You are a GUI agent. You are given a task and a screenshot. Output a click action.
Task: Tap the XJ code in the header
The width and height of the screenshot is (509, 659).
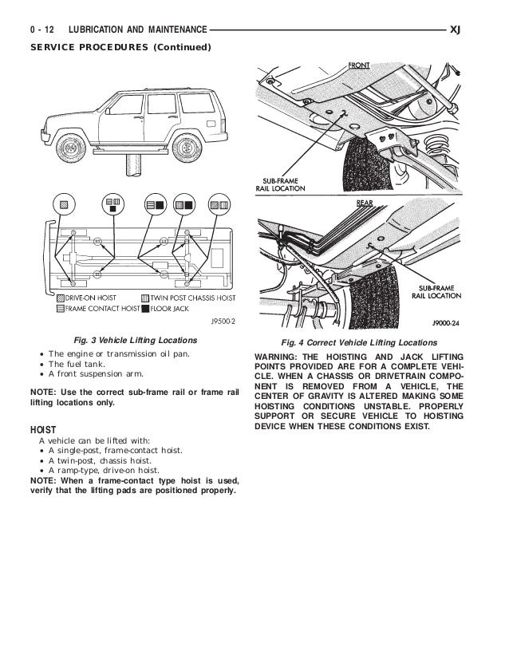pos(456,30)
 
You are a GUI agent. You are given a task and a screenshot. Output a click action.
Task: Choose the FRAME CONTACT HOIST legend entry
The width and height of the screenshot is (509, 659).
pos(98,307)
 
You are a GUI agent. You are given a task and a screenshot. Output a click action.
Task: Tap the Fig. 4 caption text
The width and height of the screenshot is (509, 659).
pos(357,341)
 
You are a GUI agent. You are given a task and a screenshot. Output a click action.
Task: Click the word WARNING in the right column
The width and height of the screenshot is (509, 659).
pos(278,356)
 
